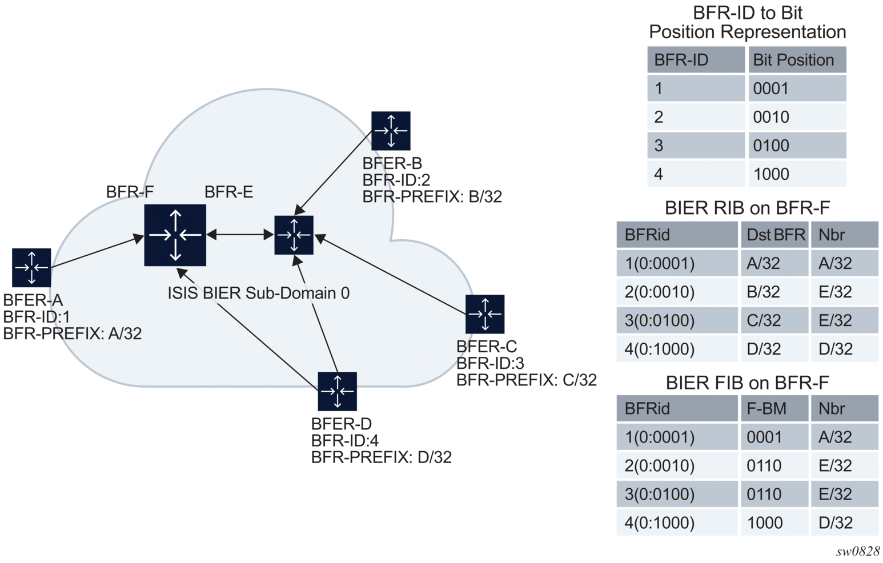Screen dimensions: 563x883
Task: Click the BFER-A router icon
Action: (x=31, y=267)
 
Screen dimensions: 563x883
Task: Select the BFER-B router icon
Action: (x=391, y=131)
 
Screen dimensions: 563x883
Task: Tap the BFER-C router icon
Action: (x=485, y=314)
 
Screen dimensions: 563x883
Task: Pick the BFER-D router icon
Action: (x=338, y=391)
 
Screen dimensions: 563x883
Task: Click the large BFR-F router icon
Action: (x=175, y=235)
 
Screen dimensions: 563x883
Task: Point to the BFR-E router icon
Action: (x=294, y=235)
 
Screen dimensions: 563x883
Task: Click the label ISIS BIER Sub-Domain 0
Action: (x=258, y=293)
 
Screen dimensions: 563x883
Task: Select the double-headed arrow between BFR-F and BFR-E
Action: (x=240, y=234)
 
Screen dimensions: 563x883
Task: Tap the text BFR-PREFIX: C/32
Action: (x=526, y=380)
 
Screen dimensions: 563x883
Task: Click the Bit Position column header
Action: (x=793, y=60)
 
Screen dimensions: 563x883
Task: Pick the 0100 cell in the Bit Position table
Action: (x=771, y=146)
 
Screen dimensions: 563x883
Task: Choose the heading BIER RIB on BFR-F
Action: (x=747, y=208)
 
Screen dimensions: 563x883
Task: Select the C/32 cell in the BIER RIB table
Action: (x=764, y=320)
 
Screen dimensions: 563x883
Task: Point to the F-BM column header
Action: (x=766, y=409)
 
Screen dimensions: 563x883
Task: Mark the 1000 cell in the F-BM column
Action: (x=765, y=522)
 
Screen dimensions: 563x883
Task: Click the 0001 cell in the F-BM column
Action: (x=764, y=437)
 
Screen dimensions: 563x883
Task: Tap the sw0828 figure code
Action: (x=858, y=551)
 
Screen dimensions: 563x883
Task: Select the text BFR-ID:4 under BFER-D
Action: (x=345, y=441)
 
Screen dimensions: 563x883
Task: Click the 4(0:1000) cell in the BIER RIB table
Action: (x=660, y=349)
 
